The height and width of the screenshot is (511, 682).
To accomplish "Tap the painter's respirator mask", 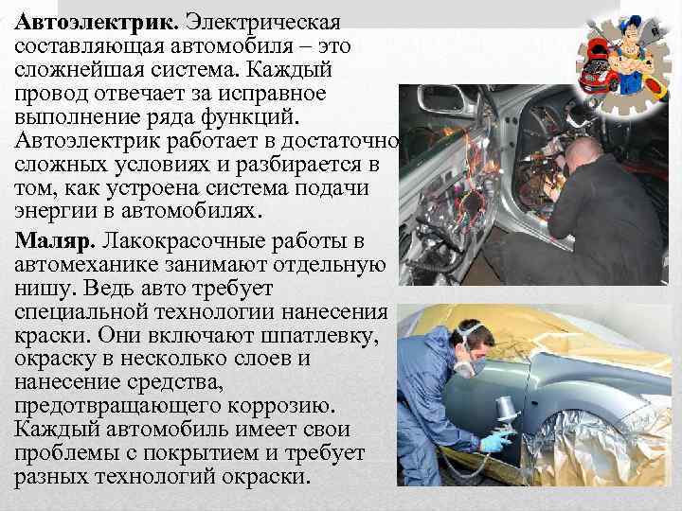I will (x=477, y=364).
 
